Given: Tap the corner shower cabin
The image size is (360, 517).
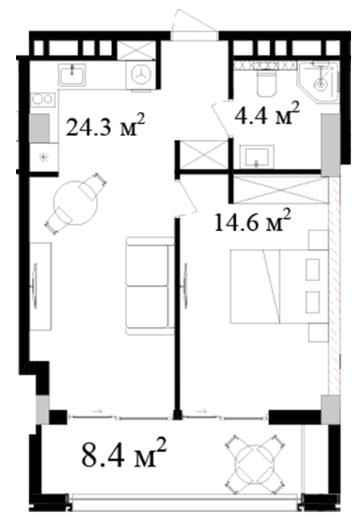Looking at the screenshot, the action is [318, 81].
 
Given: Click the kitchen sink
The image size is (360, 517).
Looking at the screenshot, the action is [72, 75].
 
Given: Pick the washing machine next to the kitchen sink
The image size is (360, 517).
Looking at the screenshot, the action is [141, 76].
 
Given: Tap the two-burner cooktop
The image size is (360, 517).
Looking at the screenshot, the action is [42, 99].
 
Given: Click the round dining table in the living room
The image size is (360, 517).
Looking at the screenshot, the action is [76, 202].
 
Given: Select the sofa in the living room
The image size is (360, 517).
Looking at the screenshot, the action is [150, 286].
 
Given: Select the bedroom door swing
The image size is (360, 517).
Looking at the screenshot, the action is [187, 197].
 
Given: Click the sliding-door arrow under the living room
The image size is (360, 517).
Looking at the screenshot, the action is [97, 412].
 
